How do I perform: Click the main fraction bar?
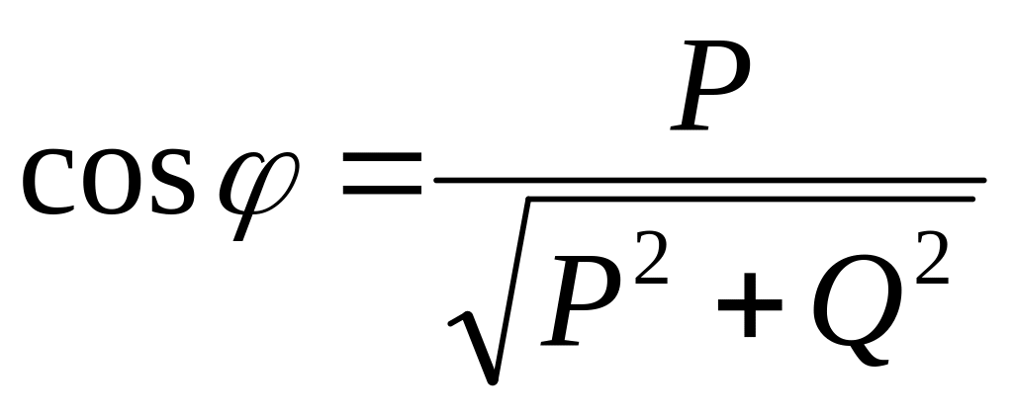708,180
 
